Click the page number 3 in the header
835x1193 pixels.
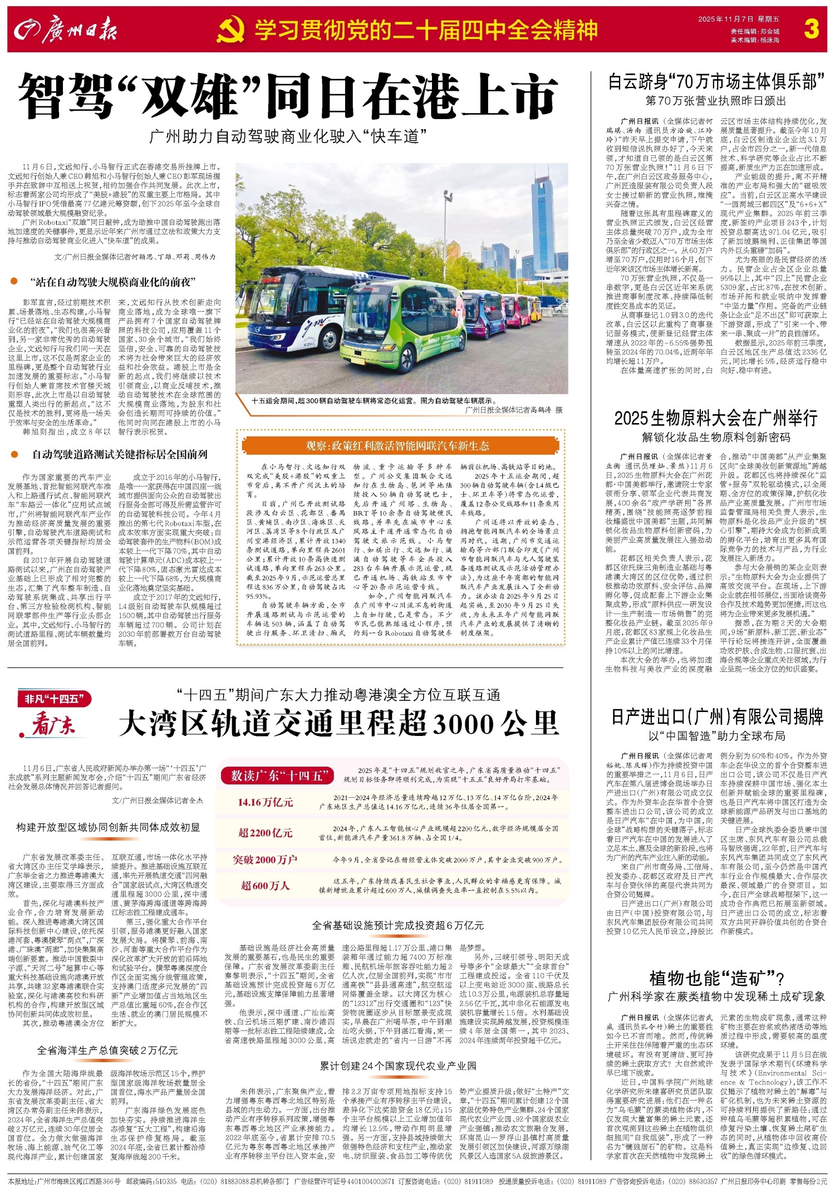[x=811, y=28]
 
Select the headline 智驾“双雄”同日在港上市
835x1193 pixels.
[x=288, y=97]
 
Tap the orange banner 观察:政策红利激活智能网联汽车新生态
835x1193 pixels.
[x=397, y=446]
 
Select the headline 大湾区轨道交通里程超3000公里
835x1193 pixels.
[x=338, y=723]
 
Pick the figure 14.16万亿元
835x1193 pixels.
[x=265, y=802]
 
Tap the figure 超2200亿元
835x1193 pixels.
[x=265, y=832]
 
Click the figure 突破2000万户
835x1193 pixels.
[x=265, y=860]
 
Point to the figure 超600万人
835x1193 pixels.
[x=265, y=886]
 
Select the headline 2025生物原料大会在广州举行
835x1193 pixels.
[x=715, y=418]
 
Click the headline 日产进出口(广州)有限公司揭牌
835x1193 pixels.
[x=716, y=716]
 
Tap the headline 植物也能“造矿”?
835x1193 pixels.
[x=716, y=978]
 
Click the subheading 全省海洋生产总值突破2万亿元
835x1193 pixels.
[x=107, y=1050]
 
